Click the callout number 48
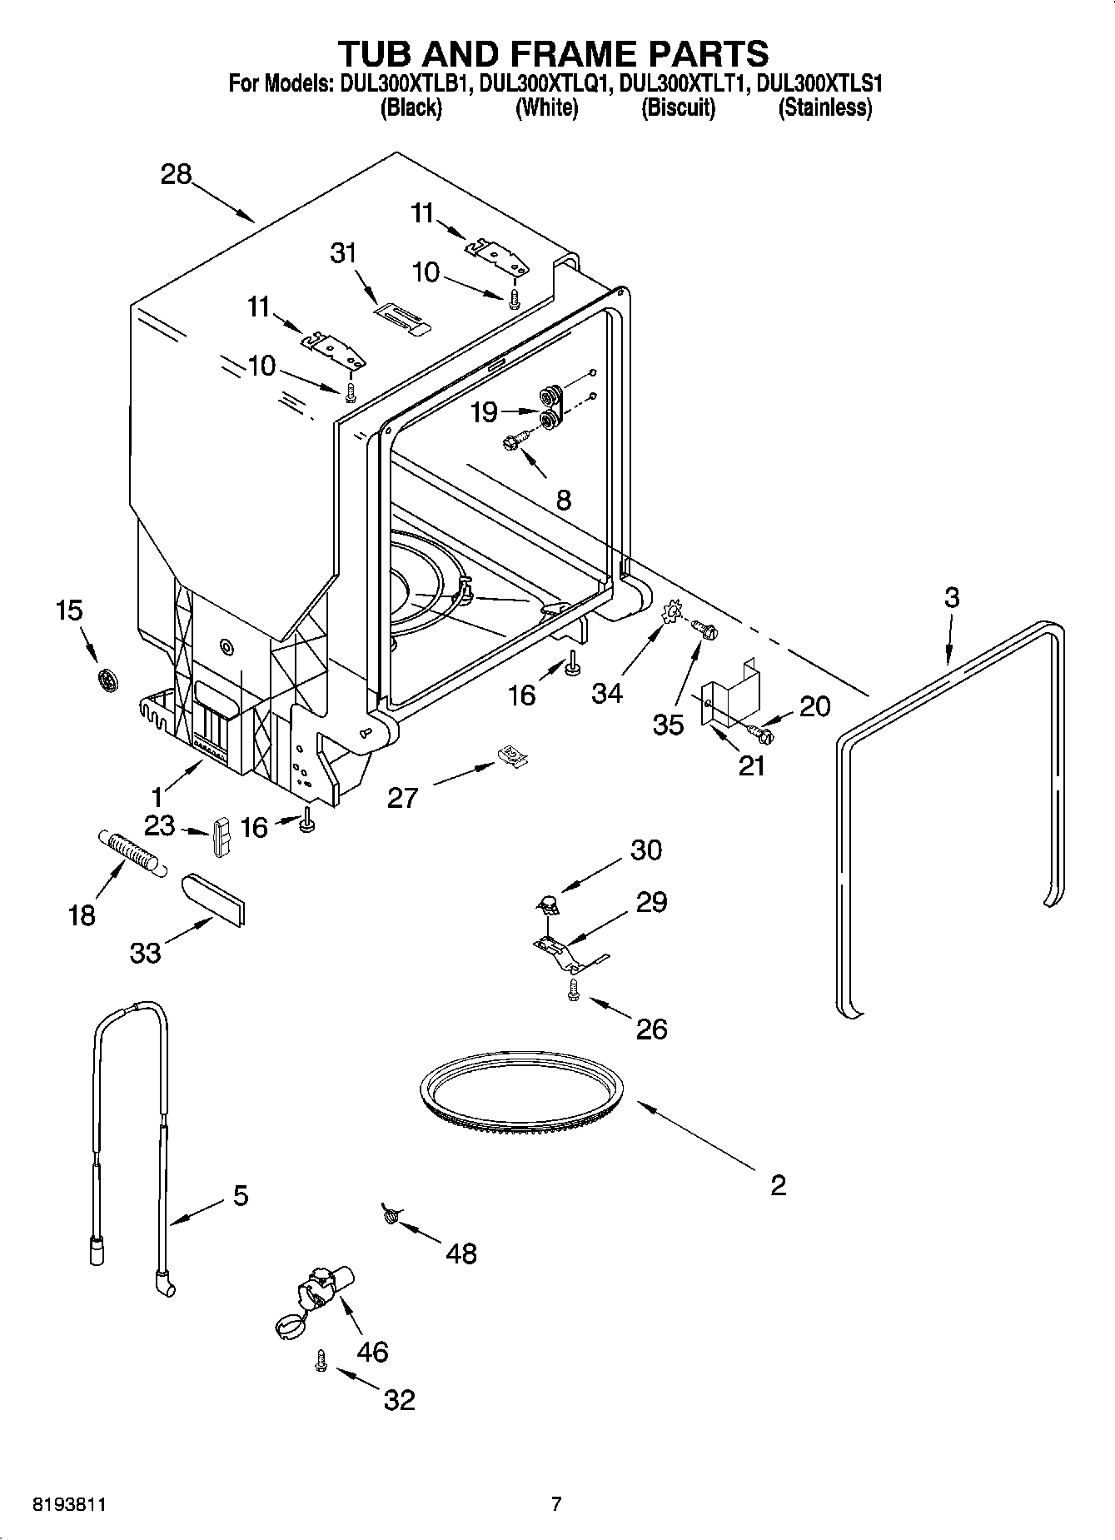[461, 1253]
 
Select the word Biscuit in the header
[678, 107]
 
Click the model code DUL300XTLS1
[820, 83]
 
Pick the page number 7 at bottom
[556, 1503]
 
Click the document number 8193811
[70, 1504]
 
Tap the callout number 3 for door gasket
[952, 597]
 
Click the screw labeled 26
[573, 989]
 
